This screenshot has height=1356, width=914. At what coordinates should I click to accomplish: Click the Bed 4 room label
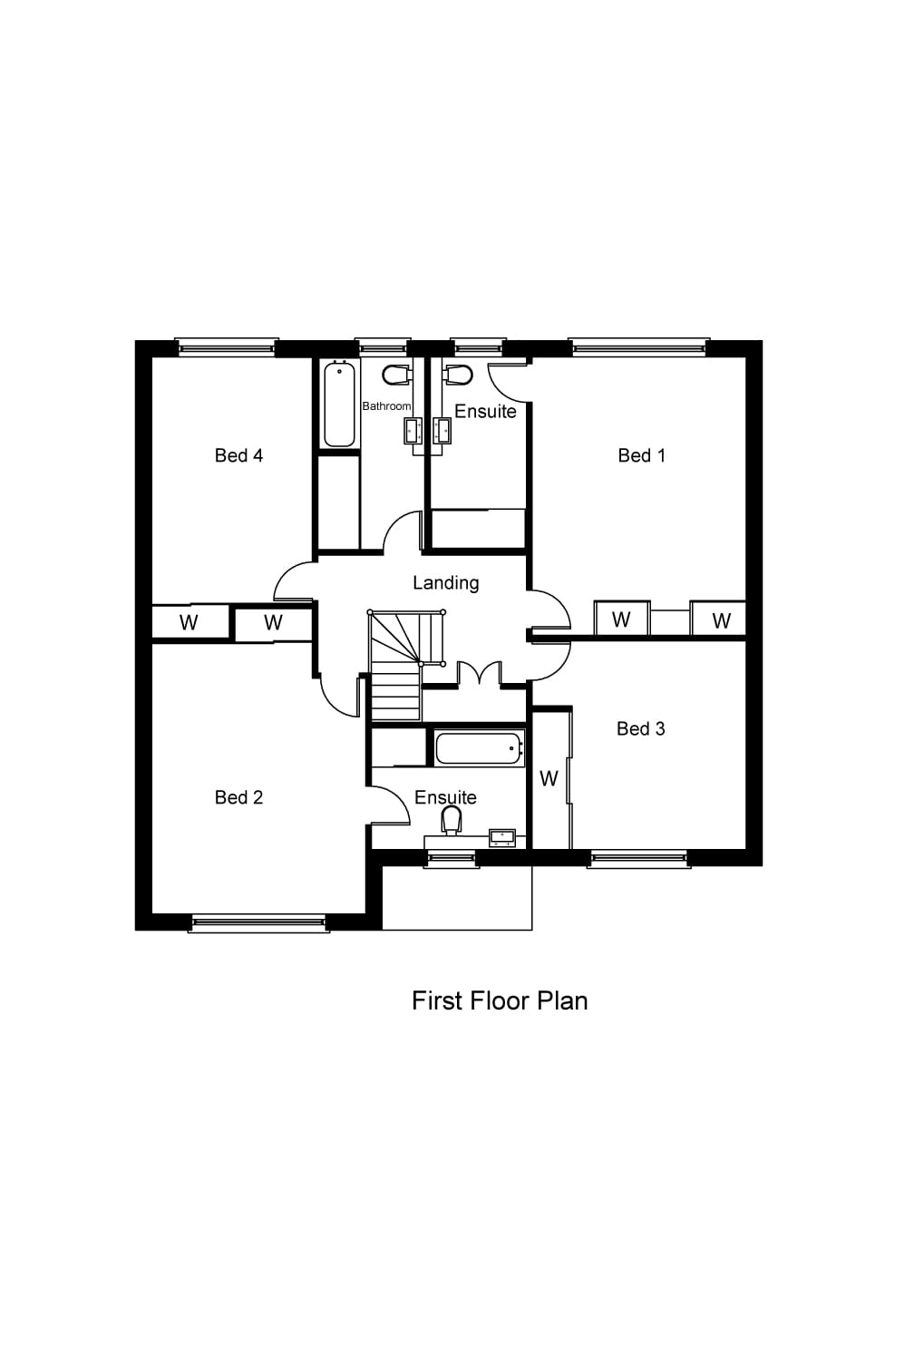(238, 455)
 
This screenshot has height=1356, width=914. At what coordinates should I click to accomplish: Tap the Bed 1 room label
(641, 455)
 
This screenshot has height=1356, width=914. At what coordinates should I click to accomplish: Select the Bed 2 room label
(238, 797)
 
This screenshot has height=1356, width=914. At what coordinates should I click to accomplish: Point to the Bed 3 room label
(640, 728)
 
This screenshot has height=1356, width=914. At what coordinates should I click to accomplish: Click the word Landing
(445, 582)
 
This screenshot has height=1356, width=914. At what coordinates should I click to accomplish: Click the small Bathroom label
(386, 406)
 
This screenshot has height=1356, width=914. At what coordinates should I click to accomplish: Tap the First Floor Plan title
(500, 1000)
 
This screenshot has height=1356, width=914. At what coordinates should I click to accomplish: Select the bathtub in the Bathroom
(339, 404)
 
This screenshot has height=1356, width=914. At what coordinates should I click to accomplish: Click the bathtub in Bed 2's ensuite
(479, 749)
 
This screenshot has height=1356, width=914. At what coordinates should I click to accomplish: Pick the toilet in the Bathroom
(396, 374)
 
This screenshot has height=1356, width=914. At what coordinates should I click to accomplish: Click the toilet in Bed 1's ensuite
(457, 374)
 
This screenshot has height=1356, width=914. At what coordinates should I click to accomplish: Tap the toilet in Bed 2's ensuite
(451, 820)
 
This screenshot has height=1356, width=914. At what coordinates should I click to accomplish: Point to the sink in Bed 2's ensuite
(502, 836)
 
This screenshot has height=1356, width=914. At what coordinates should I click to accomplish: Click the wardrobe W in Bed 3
(549, 779)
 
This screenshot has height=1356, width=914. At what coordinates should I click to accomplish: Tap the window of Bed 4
(227, 346)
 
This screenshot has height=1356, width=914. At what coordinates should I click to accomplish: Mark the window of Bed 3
(638, 857)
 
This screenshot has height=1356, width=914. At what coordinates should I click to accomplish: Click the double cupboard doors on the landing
(479, 673)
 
